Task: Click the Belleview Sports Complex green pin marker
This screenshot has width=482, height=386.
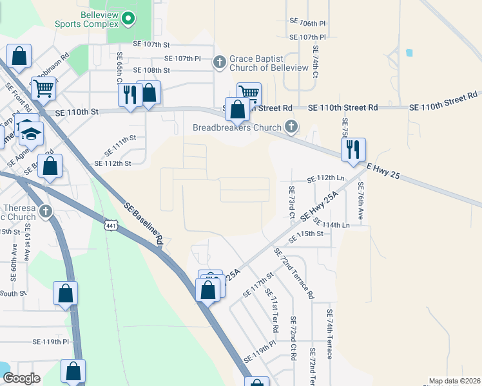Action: (x=128, y=19)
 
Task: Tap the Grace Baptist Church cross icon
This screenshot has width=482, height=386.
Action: (x=219, y=62)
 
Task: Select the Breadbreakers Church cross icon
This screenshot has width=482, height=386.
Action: (x=291, y=127)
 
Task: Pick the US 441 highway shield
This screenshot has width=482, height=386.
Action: (x=111, y=223)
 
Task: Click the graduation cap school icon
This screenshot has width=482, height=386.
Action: (x=30, y=133)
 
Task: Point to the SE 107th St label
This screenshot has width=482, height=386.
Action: (x=151, y=44)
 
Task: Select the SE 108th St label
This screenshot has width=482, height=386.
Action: (x=151, y=70)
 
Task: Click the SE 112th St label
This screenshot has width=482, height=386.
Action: (x=113, y=163)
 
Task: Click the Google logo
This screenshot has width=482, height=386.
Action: (x=21, y=378)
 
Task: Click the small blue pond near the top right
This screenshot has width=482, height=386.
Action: (x=409, y=52)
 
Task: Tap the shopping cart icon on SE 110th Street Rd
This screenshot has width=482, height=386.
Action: (x=249, y=93)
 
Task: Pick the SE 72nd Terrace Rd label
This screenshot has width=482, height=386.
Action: (x=293, y=273)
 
